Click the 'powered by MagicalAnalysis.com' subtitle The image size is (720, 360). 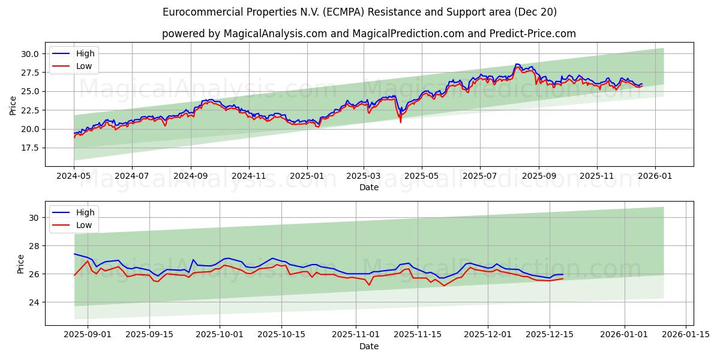(x=368, y=34)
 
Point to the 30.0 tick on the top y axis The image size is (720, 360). (x=30, y=54)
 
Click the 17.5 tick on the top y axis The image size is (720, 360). (x=30, y=148)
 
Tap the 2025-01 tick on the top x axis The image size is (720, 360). (x=307, y=176)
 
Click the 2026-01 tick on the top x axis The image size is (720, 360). (x=655, y=176)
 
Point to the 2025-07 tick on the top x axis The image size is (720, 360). (x=479, y=176)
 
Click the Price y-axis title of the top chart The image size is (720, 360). (x=13, y=106)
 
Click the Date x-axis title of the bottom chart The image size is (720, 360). (x=368, y=346)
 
